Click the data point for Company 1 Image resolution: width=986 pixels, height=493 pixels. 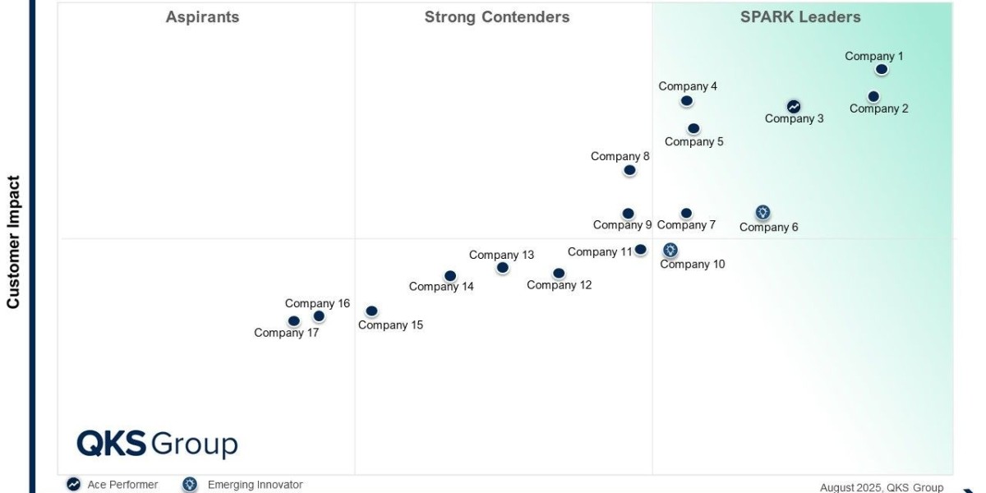[882, 70]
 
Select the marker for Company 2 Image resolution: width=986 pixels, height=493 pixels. [873, 96]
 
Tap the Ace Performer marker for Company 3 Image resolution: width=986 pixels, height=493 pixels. [794, 106]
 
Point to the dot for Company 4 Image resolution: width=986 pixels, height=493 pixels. [686, 101]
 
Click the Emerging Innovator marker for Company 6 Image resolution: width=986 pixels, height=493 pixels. [763, 213]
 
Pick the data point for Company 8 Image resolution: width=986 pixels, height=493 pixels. [629, 170]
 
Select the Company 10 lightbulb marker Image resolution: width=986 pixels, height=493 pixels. [670, 250]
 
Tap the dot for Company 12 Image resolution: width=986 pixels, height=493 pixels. [559, 273]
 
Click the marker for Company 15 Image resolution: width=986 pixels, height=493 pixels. [371, 311]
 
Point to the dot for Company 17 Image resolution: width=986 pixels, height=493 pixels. [293, 321]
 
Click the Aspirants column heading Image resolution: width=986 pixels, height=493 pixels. [202, 17]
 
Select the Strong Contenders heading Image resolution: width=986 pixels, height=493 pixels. [496, 17]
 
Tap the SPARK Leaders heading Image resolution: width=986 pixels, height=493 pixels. [800, 17]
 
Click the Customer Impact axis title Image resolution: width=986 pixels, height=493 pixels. [13, 242]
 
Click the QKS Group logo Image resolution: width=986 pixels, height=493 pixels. [157, 444]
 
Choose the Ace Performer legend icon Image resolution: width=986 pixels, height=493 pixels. [73, 485]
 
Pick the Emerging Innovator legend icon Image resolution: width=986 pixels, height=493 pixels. [190, 485]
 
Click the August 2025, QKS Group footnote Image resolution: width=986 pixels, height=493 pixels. [882, 487]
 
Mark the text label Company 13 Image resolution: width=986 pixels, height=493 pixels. [501, 255]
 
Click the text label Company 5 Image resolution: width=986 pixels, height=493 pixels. [694, 141]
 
